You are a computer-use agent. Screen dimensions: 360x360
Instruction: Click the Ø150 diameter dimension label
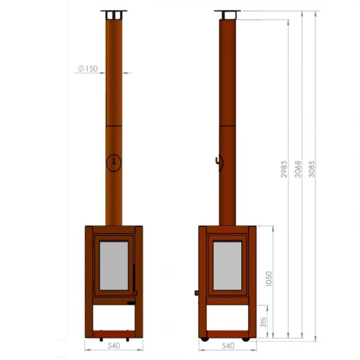click(88, 68)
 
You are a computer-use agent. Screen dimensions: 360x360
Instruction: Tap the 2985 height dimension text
click(284, 169)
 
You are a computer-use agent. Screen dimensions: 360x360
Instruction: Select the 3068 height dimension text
click(298, 169)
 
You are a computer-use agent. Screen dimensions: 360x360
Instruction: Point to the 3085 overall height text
click(312, 169)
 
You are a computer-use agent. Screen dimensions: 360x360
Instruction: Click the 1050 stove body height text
click(269, 279)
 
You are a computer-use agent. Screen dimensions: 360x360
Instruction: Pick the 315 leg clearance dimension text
click(264, 322)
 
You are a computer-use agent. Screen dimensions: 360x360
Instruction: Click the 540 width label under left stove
click(114, 346)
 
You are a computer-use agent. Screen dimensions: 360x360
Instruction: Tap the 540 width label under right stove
click(228, 346)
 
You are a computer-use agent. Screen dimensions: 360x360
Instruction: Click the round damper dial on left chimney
click(114, 163)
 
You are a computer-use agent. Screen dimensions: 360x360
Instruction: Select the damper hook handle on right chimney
click(218, 161)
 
